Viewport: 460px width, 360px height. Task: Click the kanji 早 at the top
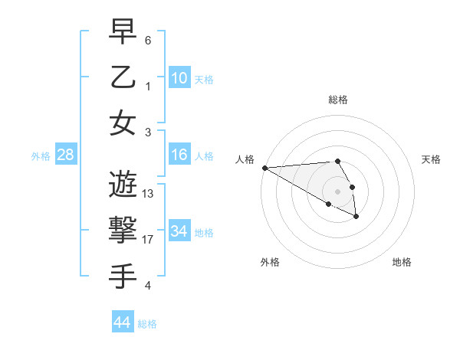tap(123, 32)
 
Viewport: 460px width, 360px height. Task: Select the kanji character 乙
tap(123, 77)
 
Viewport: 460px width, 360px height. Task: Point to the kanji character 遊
tap(123, 184)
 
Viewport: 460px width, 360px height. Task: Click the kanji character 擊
tap(123, 230)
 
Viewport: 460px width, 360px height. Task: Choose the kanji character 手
tap(123, 276)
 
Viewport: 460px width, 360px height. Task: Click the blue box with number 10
tap(179, 77)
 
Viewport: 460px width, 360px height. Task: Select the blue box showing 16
tap(179, 155)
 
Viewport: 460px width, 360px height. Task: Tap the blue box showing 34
tap(179, 231)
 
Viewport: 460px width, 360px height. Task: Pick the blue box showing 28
tap(66, 155)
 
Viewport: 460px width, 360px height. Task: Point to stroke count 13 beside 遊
tap(148, 194)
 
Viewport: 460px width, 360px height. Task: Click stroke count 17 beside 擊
tap(148, 240)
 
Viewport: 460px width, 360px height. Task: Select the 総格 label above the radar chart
tap(338, 100)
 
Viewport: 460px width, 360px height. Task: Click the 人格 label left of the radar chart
tap(245, 159)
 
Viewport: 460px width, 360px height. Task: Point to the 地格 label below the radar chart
tap(402, 262)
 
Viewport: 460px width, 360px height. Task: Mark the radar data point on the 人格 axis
tap(264, 168)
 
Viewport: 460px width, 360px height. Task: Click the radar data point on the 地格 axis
tap(356, 217)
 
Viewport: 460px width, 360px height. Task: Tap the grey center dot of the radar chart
tap(338, 191)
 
